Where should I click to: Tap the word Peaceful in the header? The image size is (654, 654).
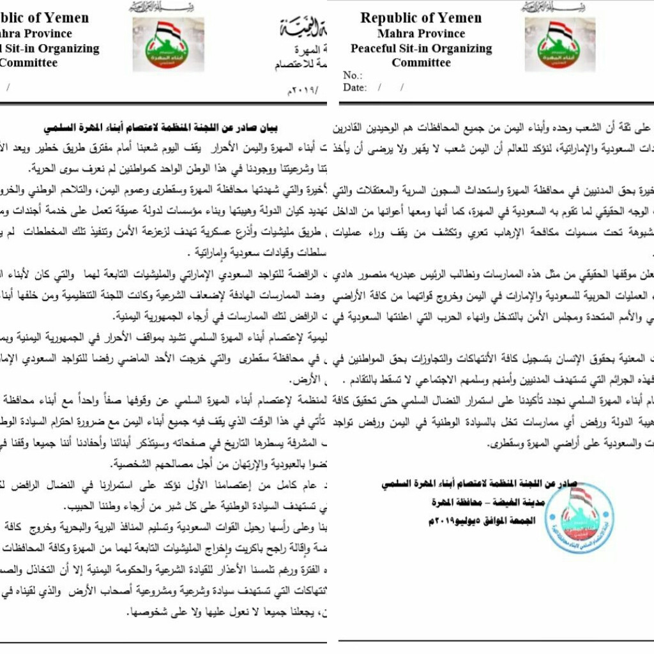[377, 49]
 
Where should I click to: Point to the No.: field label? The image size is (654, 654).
[353, 75]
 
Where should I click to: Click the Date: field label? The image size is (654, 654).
[354, 87]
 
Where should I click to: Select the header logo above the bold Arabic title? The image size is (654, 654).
[168, 43]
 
